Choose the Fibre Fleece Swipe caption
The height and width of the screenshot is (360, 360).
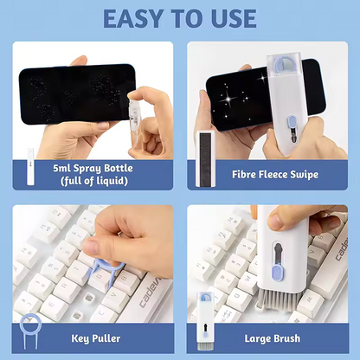[276, 175]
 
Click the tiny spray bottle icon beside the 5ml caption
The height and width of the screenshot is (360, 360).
[28, 174]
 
